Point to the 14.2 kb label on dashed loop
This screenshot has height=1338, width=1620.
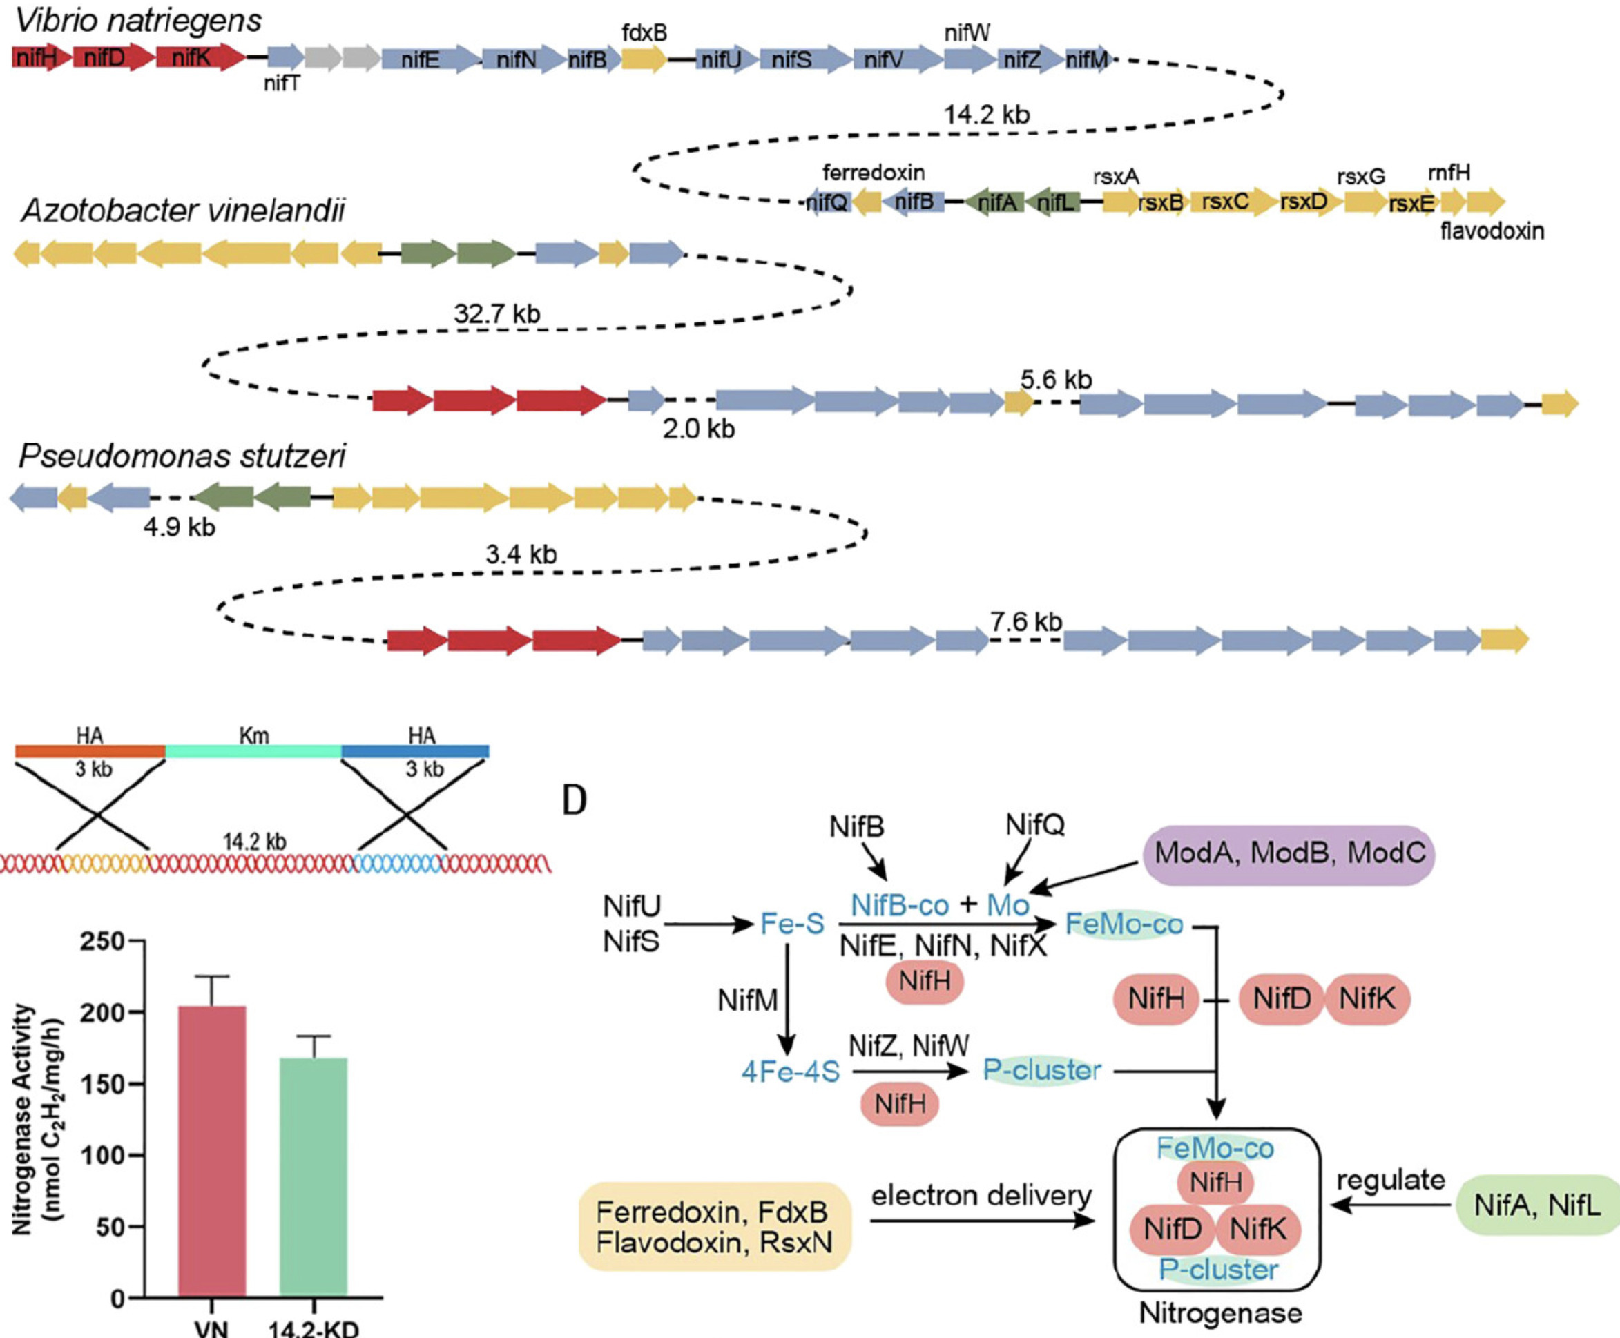tap(987, 115)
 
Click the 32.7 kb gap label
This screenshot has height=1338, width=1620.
tap(496, 313)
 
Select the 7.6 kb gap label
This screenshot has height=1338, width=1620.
tap(1026, 621)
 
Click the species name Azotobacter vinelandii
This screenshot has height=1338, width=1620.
tap(184, 210)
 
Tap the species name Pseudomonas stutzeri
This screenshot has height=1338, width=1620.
tap(182, 456)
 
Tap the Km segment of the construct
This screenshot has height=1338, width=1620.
tap(253, 750)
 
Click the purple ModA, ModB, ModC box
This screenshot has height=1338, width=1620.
tap(1289, 854)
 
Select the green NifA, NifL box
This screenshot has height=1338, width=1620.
tap(1536, 1205)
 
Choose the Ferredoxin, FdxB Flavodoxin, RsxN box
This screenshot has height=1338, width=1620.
tap(713, 1226)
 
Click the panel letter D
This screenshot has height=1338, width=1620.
tap(574, 802)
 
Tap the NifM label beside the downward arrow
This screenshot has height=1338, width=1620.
tap(746, 1000)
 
